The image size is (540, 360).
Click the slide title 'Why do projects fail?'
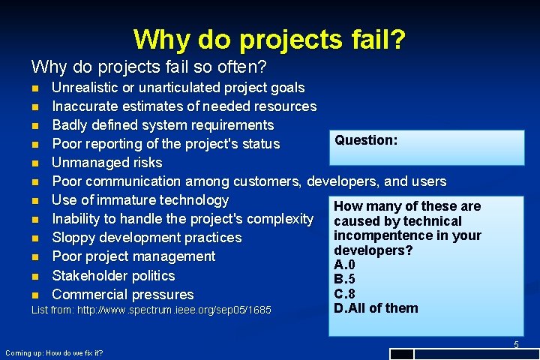pyautogui.click(x=269, y=39)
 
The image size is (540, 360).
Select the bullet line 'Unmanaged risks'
pyautogui.click(x=106, y=163)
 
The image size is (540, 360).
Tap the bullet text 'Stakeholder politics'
pyautogui.click(x=113, y=275)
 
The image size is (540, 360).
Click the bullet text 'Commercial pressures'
pyautogui.click(x=122, y=295)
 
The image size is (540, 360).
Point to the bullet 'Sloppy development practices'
pyautogui.click(x=146, y=238)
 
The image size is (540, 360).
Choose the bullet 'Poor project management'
pyautogui.click(x=133, y=256)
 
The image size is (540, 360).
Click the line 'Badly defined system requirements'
pyautogui.click(x=163, y=125)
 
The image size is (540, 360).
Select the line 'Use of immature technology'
pyautogui.click(x=140, y=200)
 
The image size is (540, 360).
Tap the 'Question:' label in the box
pyautogui.click(x=366, y=140)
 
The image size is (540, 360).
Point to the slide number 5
pyautogui.click(x=515, y=344)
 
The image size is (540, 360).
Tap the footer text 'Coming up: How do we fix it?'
pyautogui.click(x=54, y=352)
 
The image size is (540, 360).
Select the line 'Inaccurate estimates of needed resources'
pyautogui.click(x=184, y=106)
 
